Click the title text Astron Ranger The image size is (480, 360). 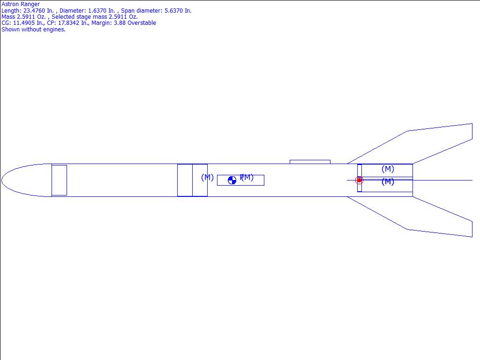21,4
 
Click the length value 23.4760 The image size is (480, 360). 34,11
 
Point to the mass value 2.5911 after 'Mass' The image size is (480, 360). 26,17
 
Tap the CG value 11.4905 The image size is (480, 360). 24,23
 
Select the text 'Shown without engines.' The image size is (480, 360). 33,30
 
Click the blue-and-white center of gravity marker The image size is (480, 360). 232,180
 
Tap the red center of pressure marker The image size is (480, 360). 359,180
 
